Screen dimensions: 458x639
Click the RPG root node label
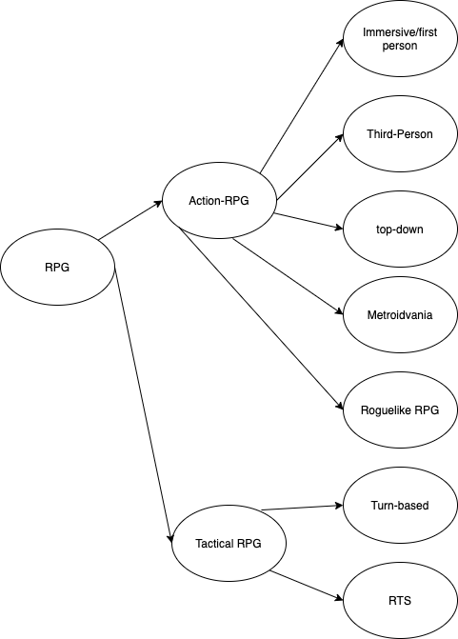click(x=57, y=268)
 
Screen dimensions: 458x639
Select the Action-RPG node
click(x=219, y=200)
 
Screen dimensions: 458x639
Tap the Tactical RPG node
click(x=229, y=543)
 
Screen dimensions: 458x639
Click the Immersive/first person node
click(x=400, y=39)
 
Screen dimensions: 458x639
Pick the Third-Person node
click(x=400, y=134)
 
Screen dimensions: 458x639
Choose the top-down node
click(x=400, y=229)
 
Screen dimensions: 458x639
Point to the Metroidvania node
click(x=400, y=315)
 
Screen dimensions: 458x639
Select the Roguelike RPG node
click(x=400, y=410)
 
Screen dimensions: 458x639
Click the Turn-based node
click(x=400, y=506)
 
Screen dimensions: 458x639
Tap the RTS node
click(x=400, y=601)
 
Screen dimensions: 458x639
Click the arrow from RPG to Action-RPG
click(x=130, y=220)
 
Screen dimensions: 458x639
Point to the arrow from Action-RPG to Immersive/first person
click(x=302, y=106)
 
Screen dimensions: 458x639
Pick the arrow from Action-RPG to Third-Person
click(x=310, y=167)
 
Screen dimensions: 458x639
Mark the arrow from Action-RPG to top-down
click(x=309, y=221)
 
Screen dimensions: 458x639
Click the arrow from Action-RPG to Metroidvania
click(x=289, y=277)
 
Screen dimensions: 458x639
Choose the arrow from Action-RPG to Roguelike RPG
click(x=262, y=319)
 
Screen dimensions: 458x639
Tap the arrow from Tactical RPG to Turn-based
click(x=302, y=508)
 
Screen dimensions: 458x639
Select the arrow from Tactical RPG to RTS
click(x=307, y=586)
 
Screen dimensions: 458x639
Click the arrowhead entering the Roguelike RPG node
click(x=340, y=406)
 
